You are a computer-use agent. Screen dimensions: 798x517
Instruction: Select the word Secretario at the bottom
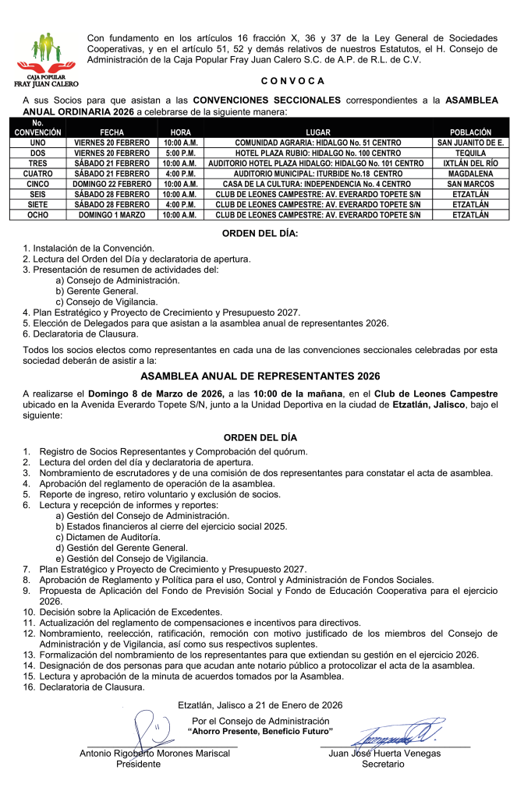[x=383, y=764]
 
